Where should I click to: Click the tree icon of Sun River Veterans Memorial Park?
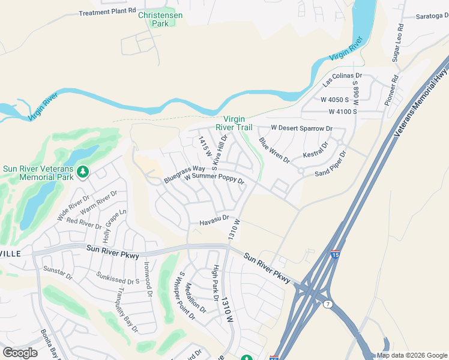[83, 173]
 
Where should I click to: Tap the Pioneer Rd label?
[392, 91]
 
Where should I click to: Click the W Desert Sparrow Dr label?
[301, 128]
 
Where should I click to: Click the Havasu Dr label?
[215, 221]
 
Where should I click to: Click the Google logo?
[20, 352]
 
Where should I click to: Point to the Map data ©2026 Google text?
[412, 355]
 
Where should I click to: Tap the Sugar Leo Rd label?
[397, 41]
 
